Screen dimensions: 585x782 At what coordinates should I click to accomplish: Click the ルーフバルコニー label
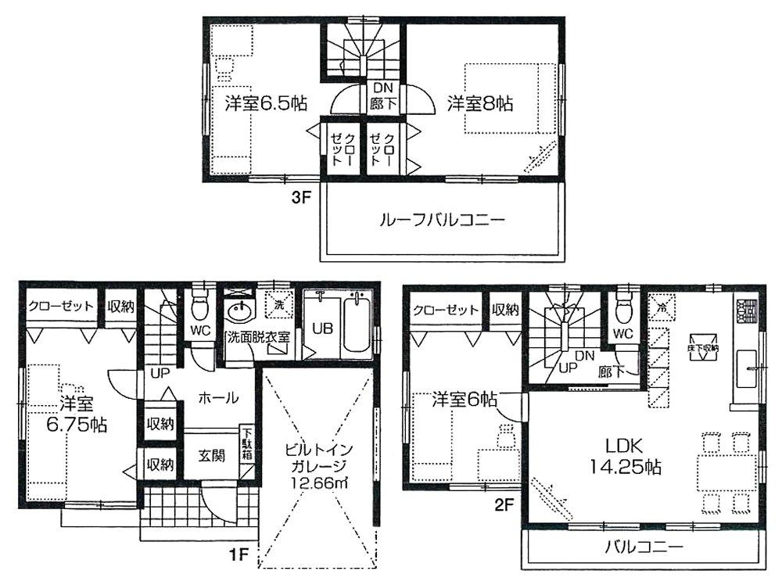[442, 221]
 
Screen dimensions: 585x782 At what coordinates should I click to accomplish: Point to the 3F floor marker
[302, 199]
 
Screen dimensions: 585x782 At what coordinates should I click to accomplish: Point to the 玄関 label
[212, 455]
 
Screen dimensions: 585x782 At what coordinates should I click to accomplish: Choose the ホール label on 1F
[219, 398]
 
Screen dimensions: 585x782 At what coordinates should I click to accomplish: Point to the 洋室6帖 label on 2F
[465, 399]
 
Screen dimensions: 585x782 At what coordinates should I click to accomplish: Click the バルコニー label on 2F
[644, 546]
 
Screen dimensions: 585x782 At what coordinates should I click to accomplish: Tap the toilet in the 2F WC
[623, 310]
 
